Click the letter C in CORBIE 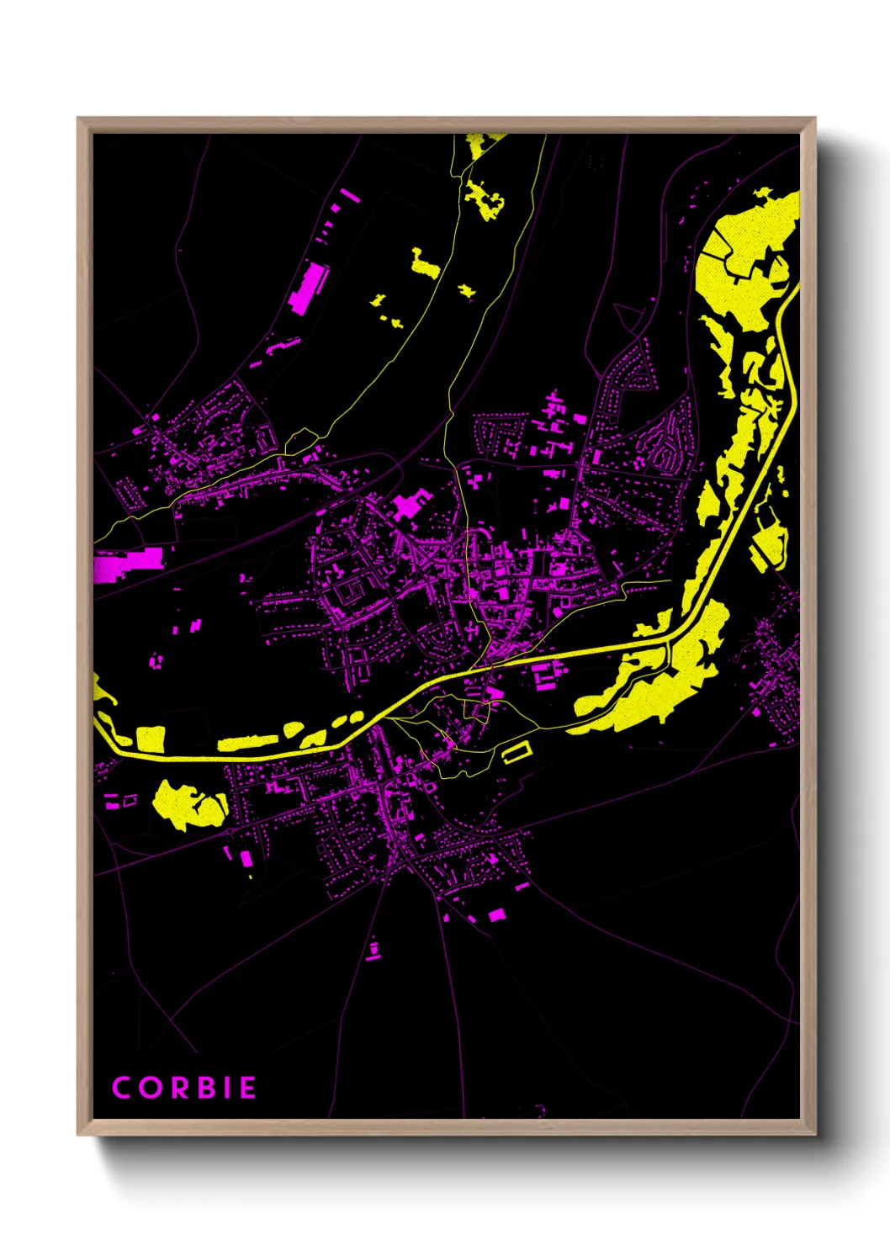click(121, 1088)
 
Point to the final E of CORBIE click(247, 1088)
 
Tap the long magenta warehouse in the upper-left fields click(308, 288)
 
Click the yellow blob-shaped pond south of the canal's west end click(188, 804)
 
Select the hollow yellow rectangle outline click(517, 752)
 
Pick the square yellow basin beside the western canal click(151, 739)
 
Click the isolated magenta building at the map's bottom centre click(373, 950)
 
